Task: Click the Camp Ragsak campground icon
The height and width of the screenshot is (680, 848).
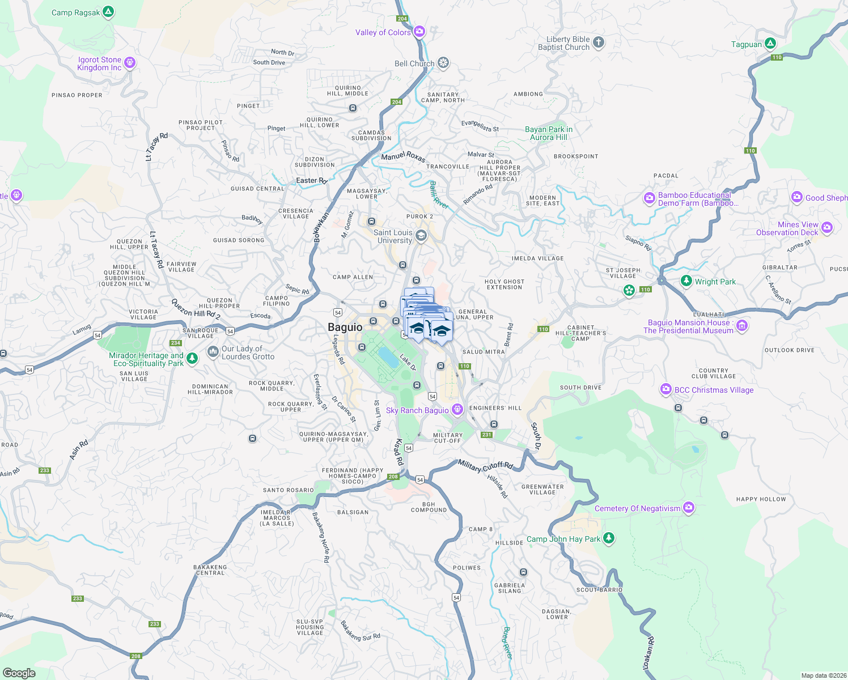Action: pyautogui.click(x=108, y=12)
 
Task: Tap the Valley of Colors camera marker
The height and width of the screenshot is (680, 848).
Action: pyautogui.click(x=419, y=32)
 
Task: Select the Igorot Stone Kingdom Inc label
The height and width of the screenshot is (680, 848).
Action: pyautogui.click(x=100, y=63)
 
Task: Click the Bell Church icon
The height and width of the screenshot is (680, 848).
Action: pyautogui.click(x=443, y=63)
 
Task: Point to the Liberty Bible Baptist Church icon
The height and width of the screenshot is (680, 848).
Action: pyautogui.click(x=599, y=42)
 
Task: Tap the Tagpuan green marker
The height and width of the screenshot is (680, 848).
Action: pyautogui.click(x=770, y=44)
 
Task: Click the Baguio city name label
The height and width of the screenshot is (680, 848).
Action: pyautogui.click(x=345, y=327)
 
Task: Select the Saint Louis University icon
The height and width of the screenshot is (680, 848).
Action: pyautogui.click(x=421, y=235)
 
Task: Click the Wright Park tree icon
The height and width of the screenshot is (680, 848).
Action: pyautogui.click(x=686, y=281)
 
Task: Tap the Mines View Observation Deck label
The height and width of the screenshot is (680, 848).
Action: pyautogui.click(x=787, y=228)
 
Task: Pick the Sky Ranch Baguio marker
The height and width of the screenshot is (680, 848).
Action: pyautogui.click(x=457, y=410)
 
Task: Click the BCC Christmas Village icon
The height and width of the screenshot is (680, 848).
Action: pyautogui.click(x=666, y=389)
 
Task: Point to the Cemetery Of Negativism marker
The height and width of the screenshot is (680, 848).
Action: pyautogui.click(x=689, y=508)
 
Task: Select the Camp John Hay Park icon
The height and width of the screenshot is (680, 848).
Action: pyautogui.click(x=609, y=538)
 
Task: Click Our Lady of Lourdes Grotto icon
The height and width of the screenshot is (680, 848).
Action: pyautogui.click(x=213, y=352)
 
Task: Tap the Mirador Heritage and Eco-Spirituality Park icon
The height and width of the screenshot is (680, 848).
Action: pyautogui.click(x=192, y=359)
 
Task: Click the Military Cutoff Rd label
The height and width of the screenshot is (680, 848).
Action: pyautogui.click(x=485, y=466)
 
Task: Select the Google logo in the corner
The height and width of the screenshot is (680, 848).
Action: pyautogui.click(x=19, y=673)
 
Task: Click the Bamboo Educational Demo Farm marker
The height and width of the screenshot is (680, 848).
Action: pyautogui.click(x=650, y=198)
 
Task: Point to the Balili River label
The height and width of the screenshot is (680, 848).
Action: pyautogui.click(x=438, y=195)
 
